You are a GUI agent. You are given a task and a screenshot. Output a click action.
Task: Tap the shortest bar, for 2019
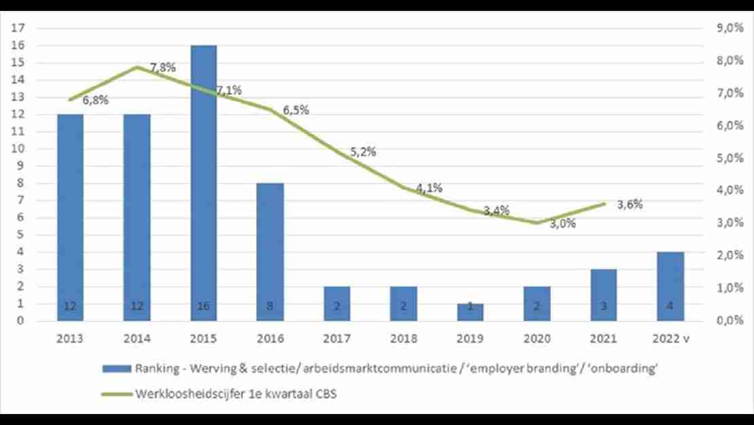point(471,312)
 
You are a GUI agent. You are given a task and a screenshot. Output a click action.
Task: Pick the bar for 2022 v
point(670,286)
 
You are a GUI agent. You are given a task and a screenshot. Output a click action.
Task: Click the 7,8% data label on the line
point(163,67)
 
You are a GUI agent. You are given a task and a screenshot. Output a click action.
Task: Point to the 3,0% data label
point(562,223)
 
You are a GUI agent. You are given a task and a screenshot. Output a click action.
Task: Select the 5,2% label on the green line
point(363,152)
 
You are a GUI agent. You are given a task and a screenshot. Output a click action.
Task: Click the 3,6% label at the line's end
point(630,204)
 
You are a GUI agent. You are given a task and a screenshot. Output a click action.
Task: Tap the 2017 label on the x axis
point(337,338)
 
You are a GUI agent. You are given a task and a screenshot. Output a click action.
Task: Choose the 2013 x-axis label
point(70,338)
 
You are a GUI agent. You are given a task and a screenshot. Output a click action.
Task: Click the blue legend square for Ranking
point(113,369)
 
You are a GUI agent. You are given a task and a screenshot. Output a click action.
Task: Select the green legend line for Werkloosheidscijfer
point(113,393)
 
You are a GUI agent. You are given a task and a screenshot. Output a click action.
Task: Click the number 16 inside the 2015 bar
point(204,307)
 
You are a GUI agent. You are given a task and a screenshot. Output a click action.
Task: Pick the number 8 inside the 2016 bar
point(270,307)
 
